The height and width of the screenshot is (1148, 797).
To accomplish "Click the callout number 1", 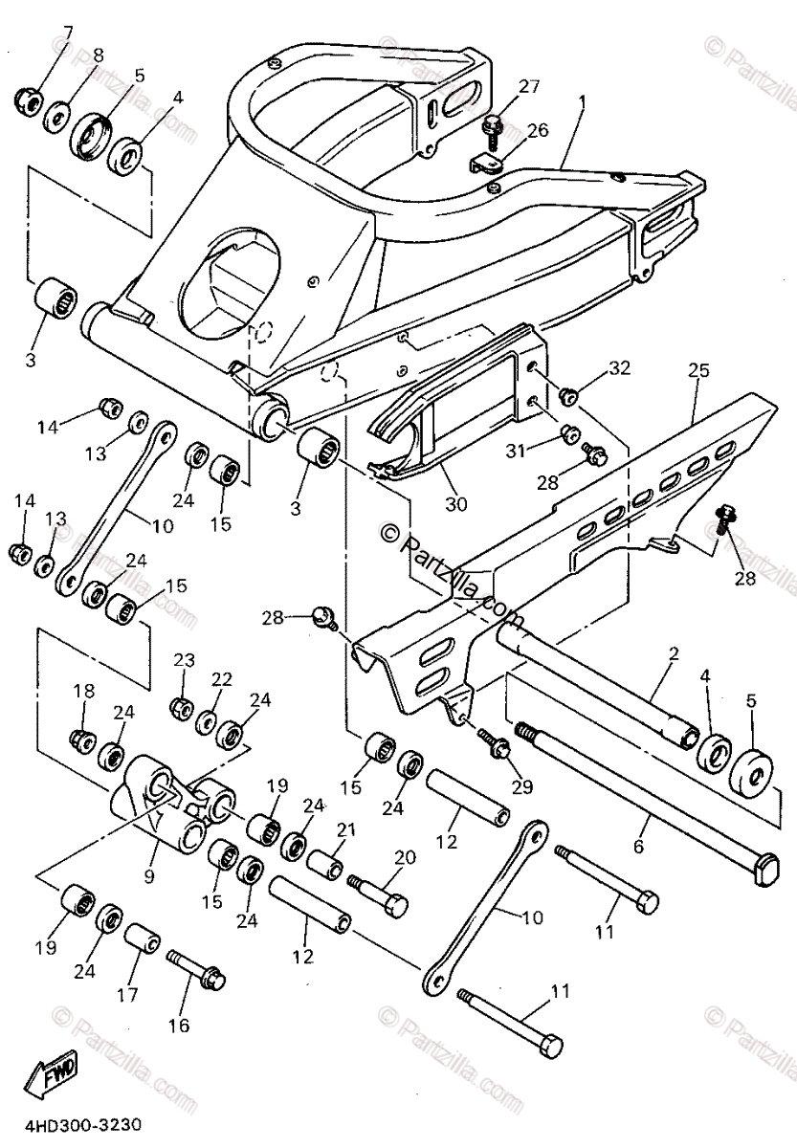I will tap(582, 100).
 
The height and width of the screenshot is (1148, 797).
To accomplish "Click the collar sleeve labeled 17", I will tap(144, 940).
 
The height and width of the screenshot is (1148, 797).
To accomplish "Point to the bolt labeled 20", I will tap(380, 896).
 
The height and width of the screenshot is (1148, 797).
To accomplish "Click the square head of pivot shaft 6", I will tap(764, 872).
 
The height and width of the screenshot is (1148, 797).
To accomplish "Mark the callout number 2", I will tap(674, 655).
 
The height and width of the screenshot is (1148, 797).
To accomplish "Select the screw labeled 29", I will tap(492, 744).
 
